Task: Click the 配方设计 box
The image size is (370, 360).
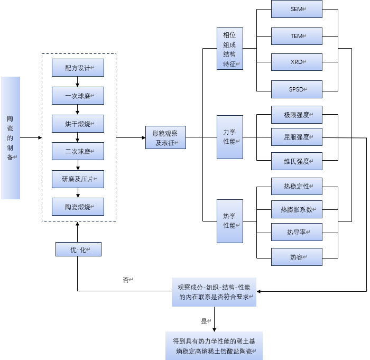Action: [78, 68]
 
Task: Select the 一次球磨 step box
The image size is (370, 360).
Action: [78, 96]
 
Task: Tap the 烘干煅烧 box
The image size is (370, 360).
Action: [78, 123]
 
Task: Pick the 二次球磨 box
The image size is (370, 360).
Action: [78, 151]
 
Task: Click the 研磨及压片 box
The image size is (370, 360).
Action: [78, 179]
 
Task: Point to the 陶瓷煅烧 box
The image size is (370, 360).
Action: [78, 207]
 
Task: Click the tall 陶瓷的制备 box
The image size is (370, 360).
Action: [11, 138]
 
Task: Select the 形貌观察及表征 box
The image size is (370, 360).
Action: [165, 137]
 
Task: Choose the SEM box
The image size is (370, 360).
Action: [297, 9]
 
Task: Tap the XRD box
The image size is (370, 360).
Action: [297, 62]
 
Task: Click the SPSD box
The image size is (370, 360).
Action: [297, 89]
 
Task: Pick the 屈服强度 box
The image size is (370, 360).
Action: [297, 137]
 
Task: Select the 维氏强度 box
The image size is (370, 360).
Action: [297, 161]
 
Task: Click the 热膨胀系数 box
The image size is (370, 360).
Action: [297, 209]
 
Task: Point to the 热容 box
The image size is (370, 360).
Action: [297, 257]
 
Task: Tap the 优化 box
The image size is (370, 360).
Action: [78, 250]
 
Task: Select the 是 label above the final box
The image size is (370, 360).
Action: [205, 321]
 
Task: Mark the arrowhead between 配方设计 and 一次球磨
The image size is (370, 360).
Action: [78, 84]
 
